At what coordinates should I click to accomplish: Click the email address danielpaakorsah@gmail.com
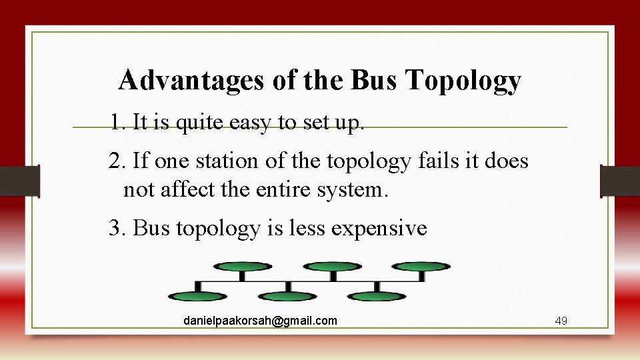pos(260,321)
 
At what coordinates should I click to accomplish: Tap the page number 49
pos(561,321)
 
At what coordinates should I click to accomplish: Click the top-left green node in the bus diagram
pos(242,267)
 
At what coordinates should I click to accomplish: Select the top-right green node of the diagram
pos(421,267)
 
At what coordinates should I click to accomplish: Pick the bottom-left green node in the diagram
pos(197,296)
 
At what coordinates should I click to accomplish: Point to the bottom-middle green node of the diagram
pos(287,296)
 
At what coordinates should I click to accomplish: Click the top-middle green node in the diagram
pos(332,267)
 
